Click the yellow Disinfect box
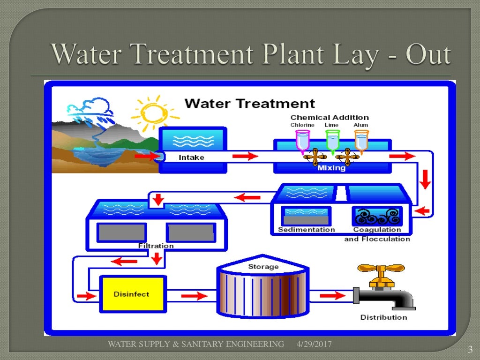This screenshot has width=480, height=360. tap(133, 294)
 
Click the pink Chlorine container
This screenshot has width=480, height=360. tap(302, 140)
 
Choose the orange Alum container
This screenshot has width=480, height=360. tap(361, 140)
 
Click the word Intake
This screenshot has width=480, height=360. tap(191, 157)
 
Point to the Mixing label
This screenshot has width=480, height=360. tap(331, 168)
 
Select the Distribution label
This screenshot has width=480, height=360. tap(383, 317)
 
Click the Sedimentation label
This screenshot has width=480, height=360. tap(307, 230)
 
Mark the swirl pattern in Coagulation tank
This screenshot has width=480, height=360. tap(377, 217)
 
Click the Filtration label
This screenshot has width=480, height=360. tap(156, 246)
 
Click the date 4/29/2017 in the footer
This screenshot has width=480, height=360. tap(314, 345)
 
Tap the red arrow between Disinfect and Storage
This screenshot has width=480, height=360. tap(194, 296)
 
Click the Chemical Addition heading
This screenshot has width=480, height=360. tap(330, 117)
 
